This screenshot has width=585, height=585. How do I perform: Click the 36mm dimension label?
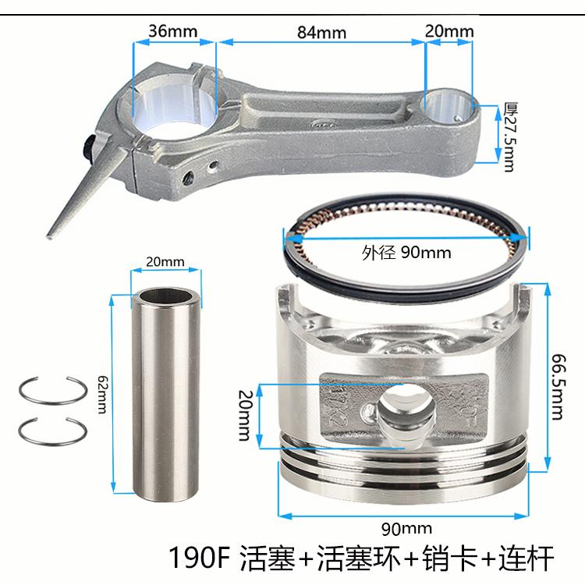pyautogui.click(x=173, y=31)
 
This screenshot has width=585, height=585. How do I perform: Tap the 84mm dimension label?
pyautogui.click(x=321, y=33)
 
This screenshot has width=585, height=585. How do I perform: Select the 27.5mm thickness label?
pyautogui.click(x=510, y=136)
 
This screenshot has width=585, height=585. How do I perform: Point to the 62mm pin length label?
pyautogui.click(x=102, y=395)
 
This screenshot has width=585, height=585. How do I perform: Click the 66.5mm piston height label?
pyautogui.click(x=559, y=387)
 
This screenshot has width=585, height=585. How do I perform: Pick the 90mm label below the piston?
pyautogui.click(x=406, y=528)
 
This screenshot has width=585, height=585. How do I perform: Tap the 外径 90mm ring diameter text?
pyautogui.click(x=406, y=253)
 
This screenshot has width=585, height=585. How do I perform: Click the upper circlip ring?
pyautogui.click(x=52, y=391)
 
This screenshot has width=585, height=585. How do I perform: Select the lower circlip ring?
pyautogui.click(x=52, y=431)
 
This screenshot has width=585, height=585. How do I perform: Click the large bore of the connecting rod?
pyautogui.click(x=175, y=106)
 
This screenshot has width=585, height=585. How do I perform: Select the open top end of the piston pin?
pyautogui.click(x=165, y=296)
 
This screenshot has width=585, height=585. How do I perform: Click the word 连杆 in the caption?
pyautogui.click(x=526, y=558)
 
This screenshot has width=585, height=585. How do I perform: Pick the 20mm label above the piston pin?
pyautogui.click(x=165, y=262)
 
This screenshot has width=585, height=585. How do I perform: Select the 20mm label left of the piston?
pyautogui.click(x=246, y=416)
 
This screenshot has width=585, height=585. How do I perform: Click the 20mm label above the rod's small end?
pyautogui.click(x=449, y=31)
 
